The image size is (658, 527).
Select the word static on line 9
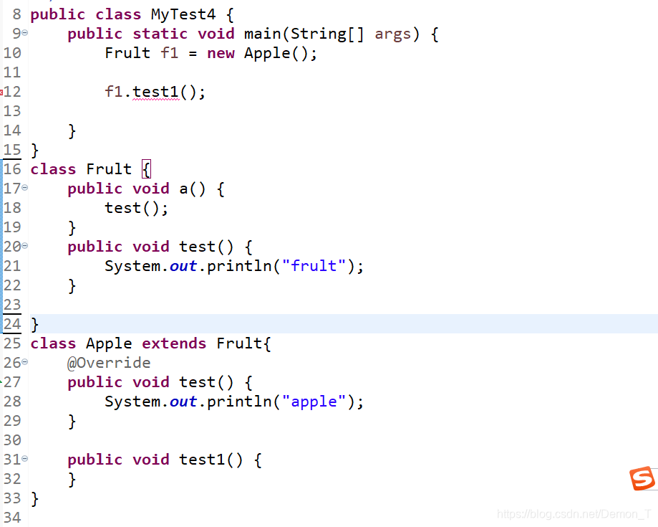(x=160, y=34)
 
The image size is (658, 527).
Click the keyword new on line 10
(x=221, y=53)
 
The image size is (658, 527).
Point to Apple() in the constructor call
(x=280, y=53)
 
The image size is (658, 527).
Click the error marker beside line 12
(x=2, y=92)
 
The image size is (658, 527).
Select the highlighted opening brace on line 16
(x=146, y=169)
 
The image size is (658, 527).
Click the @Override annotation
(x=109, y=363)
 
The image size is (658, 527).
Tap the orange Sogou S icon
(x=642, y=478)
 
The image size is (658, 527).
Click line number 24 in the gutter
(x=12, y=324)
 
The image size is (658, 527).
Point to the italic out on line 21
(x=183, y=266)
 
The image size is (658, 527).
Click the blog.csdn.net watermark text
(x=574, y=514)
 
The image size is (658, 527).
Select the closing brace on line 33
(x=34, y=498)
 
